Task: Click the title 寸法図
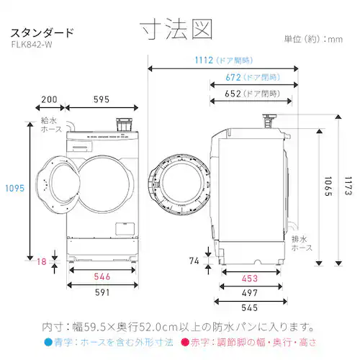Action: click(177, 30)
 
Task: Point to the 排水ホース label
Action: click(300, 242)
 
